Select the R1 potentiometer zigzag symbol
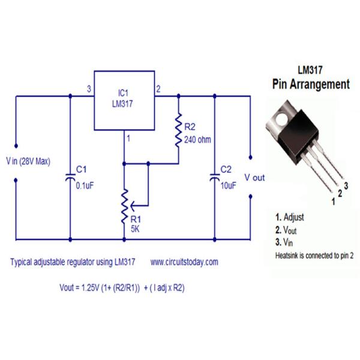[124, 204]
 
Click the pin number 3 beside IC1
[88, 89]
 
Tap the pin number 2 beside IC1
[158, 89]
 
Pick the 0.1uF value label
[85, 185]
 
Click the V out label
[254, 178]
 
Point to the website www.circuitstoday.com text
[184, 262]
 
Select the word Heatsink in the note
[288, 255]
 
